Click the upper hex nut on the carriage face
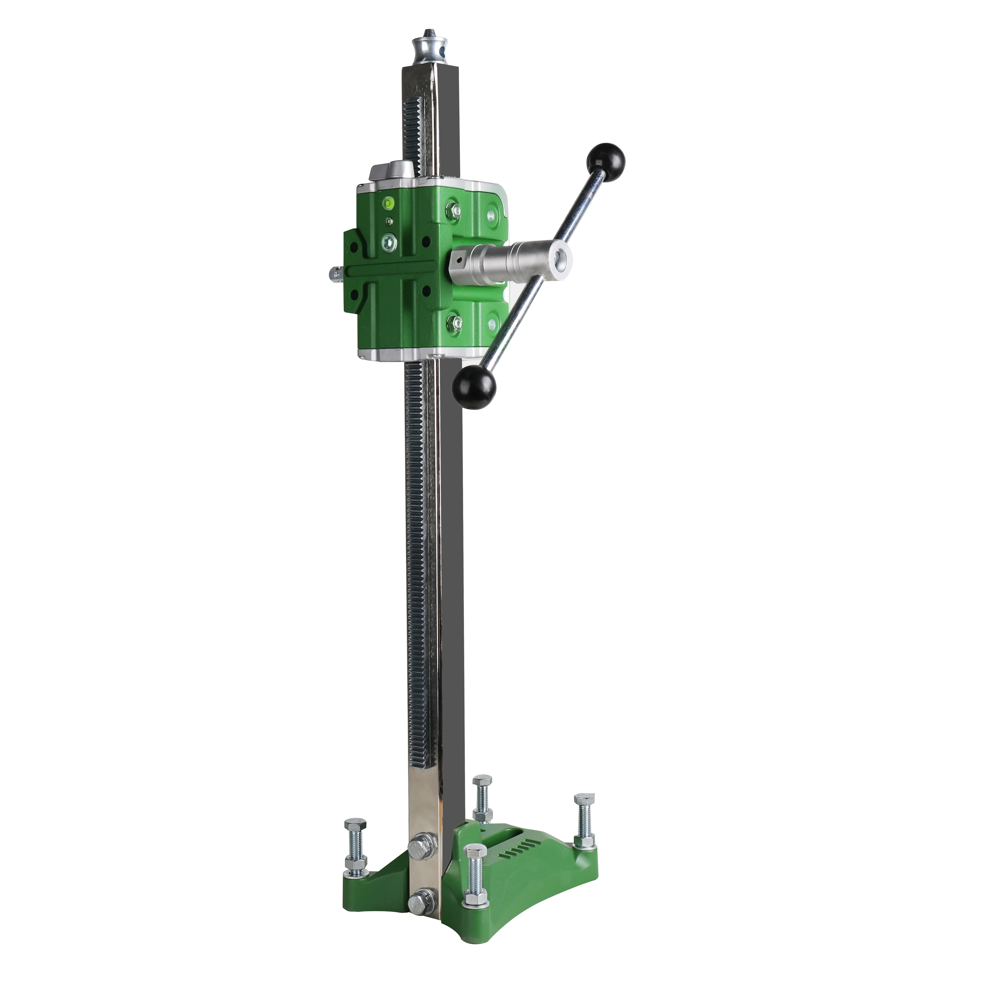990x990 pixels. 453,209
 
